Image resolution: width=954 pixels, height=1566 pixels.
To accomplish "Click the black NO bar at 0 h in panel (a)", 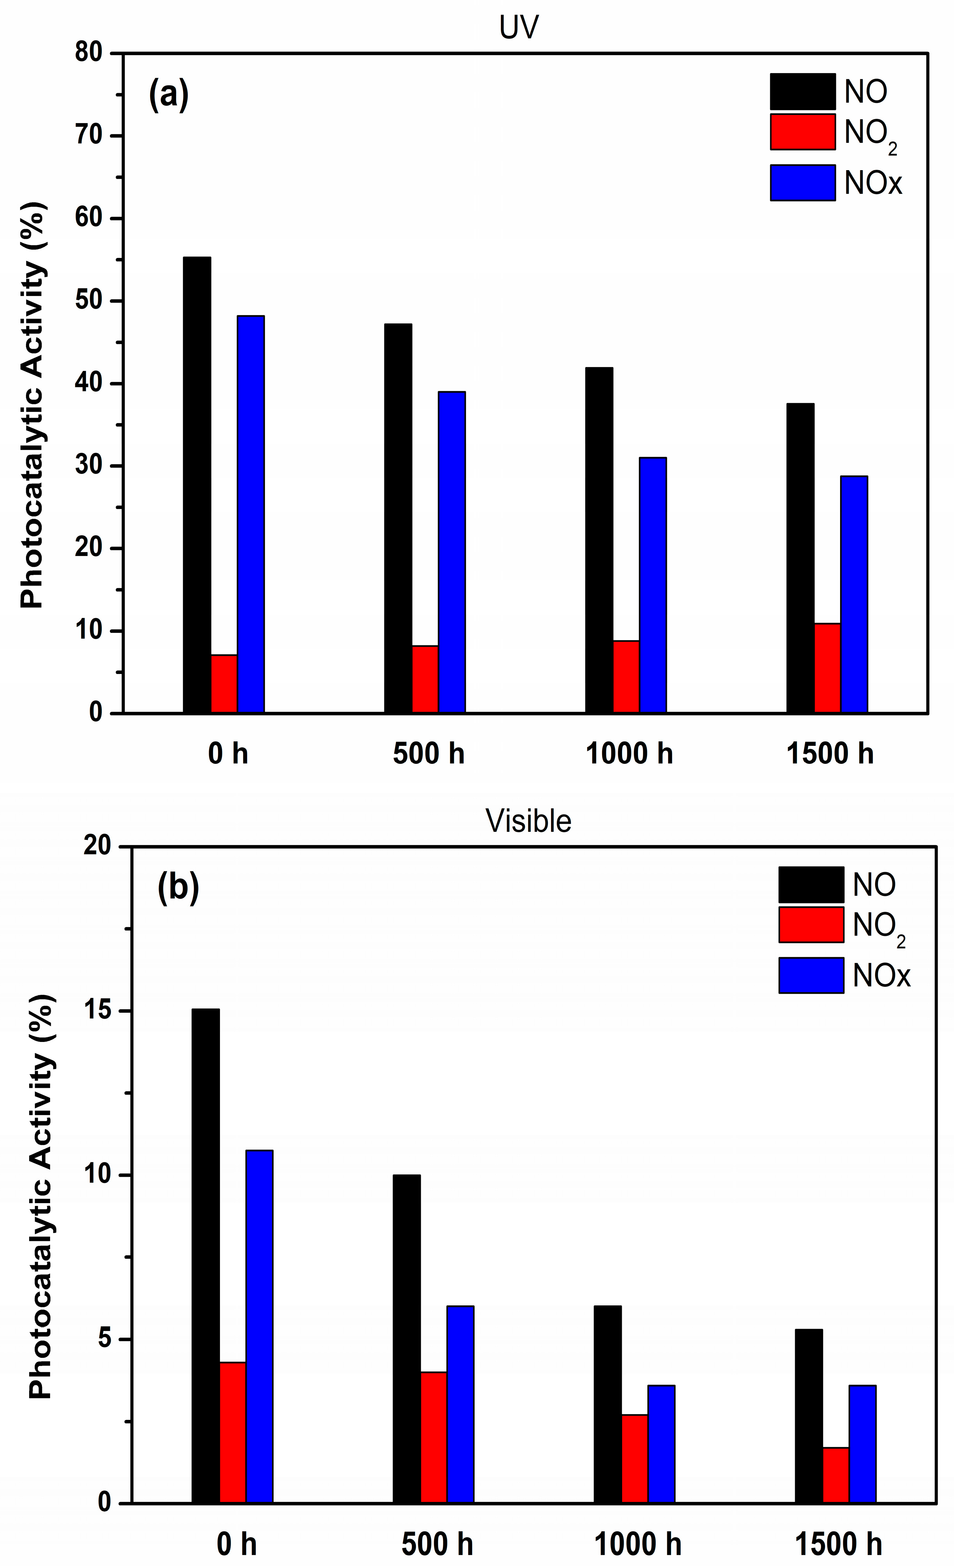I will (197, 484).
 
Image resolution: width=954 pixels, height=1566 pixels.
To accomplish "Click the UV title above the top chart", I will (519, 28).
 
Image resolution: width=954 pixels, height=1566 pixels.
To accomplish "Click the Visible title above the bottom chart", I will (528, 821).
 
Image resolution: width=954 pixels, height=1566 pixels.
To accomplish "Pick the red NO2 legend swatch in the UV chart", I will (803, 132).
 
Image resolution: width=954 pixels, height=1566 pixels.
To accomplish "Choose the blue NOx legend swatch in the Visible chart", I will (811, 975).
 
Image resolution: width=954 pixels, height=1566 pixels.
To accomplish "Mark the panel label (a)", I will (169, 95).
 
